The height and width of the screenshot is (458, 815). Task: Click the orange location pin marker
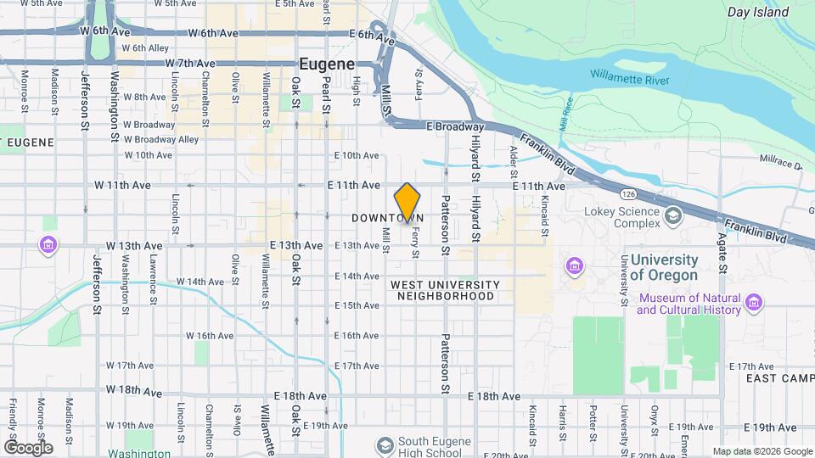coord(407,202)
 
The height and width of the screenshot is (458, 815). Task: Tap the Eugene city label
coord(326,64)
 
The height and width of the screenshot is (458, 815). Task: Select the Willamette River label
coord(631,81)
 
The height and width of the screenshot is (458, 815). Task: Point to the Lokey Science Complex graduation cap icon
coord(672,215)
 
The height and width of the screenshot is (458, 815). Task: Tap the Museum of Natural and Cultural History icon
coord(753,302)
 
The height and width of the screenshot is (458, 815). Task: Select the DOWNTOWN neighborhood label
coord(387,218)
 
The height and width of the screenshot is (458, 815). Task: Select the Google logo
coord(28,447)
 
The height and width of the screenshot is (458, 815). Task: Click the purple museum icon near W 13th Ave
coord(49,246)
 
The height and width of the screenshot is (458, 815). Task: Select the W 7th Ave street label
coord(192,64)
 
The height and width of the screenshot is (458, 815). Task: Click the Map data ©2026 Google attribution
coord(761,451)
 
